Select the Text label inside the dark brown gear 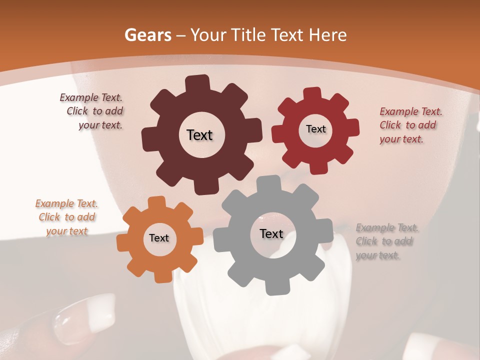point(199,135)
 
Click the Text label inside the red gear point(315,129)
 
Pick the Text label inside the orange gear point(159,238)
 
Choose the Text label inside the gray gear point(271,233)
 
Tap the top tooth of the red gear point(312,93)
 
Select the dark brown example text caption point(93,111)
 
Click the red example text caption point(410,125)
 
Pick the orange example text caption point(67,217)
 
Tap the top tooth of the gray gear point(269,183)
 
